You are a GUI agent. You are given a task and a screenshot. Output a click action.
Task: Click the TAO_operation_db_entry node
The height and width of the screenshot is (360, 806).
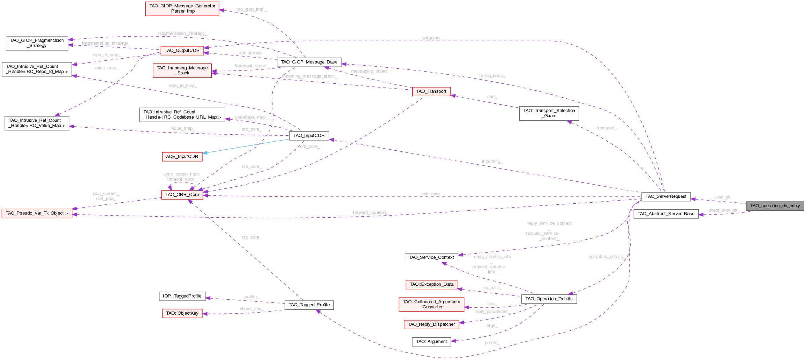[775, 206]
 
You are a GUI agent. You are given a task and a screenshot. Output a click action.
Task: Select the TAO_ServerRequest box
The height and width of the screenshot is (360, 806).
[666, 196]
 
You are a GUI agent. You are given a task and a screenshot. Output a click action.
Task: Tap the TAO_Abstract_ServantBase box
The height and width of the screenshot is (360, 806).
[666, 214]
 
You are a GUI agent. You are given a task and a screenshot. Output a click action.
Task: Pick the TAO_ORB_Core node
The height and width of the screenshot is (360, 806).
[182, 195]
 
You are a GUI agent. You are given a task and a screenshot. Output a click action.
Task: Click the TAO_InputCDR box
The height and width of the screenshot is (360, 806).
[309, 136]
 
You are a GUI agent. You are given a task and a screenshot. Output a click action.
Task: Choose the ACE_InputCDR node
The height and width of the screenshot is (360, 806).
[182, 157]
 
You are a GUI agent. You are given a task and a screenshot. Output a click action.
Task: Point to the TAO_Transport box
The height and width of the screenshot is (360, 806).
[431, 91]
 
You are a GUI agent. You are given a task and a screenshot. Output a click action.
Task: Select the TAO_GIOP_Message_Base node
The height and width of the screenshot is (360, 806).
[309, 62]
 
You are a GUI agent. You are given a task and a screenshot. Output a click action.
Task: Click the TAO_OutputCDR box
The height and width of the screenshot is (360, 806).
[182, 51]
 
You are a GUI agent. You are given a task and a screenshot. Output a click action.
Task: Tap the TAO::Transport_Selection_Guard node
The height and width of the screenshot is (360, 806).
[549, 113]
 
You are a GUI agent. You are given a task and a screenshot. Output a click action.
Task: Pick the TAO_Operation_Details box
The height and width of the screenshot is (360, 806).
[549, 299]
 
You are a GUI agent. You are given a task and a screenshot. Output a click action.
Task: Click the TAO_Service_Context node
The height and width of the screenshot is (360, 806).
[431, 257]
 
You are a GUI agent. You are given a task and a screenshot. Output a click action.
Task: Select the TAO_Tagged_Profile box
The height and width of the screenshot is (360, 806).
[309, 305]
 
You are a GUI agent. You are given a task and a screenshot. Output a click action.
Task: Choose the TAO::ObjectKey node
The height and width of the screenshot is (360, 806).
[182, 313]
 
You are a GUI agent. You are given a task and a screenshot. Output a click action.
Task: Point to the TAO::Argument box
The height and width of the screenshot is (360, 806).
[431, 342]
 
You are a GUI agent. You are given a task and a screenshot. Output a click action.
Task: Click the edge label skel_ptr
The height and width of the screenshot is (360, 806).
[723, 197]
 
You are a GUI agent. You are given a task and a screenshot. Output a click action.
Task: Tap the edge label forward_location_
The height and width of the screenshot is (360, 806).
[370, 212]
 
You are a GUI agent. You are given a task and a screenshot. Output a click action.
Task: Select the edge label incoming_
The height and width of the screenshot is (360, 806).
[492, 162]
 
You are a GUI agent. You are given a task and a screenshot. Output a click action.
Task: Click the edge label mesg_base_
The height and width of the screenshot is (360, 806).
[492, 76]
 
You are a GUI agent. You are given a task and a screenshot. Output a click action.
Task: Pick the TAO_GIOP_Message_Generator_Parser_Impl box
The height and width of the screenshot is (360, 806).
[182, 9]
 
